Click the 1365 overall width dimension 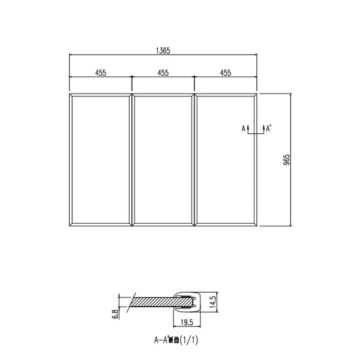tap(163, 51)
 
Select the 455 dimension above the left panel tap(101, 73)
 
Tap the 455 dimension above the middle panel tap(163, 73)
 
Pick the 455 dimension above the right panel tap(226, 73)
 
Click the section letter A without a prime tap(244, 128)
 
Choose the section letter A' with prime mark tap(269, 128)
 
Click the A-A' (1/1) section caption tap(176, 340)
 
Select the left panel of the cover tap(101, 160)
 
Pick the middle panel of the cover tap(163, 160)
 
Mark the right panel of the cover tap(226, 160)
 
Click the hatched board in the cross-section tap(153, 301)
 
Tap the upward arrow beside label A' tap(263, 128)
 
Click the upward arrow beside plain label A tap(248, 128)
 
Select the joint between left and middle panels tap(132, 160)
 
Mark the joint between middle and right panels tap(194, 160)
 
